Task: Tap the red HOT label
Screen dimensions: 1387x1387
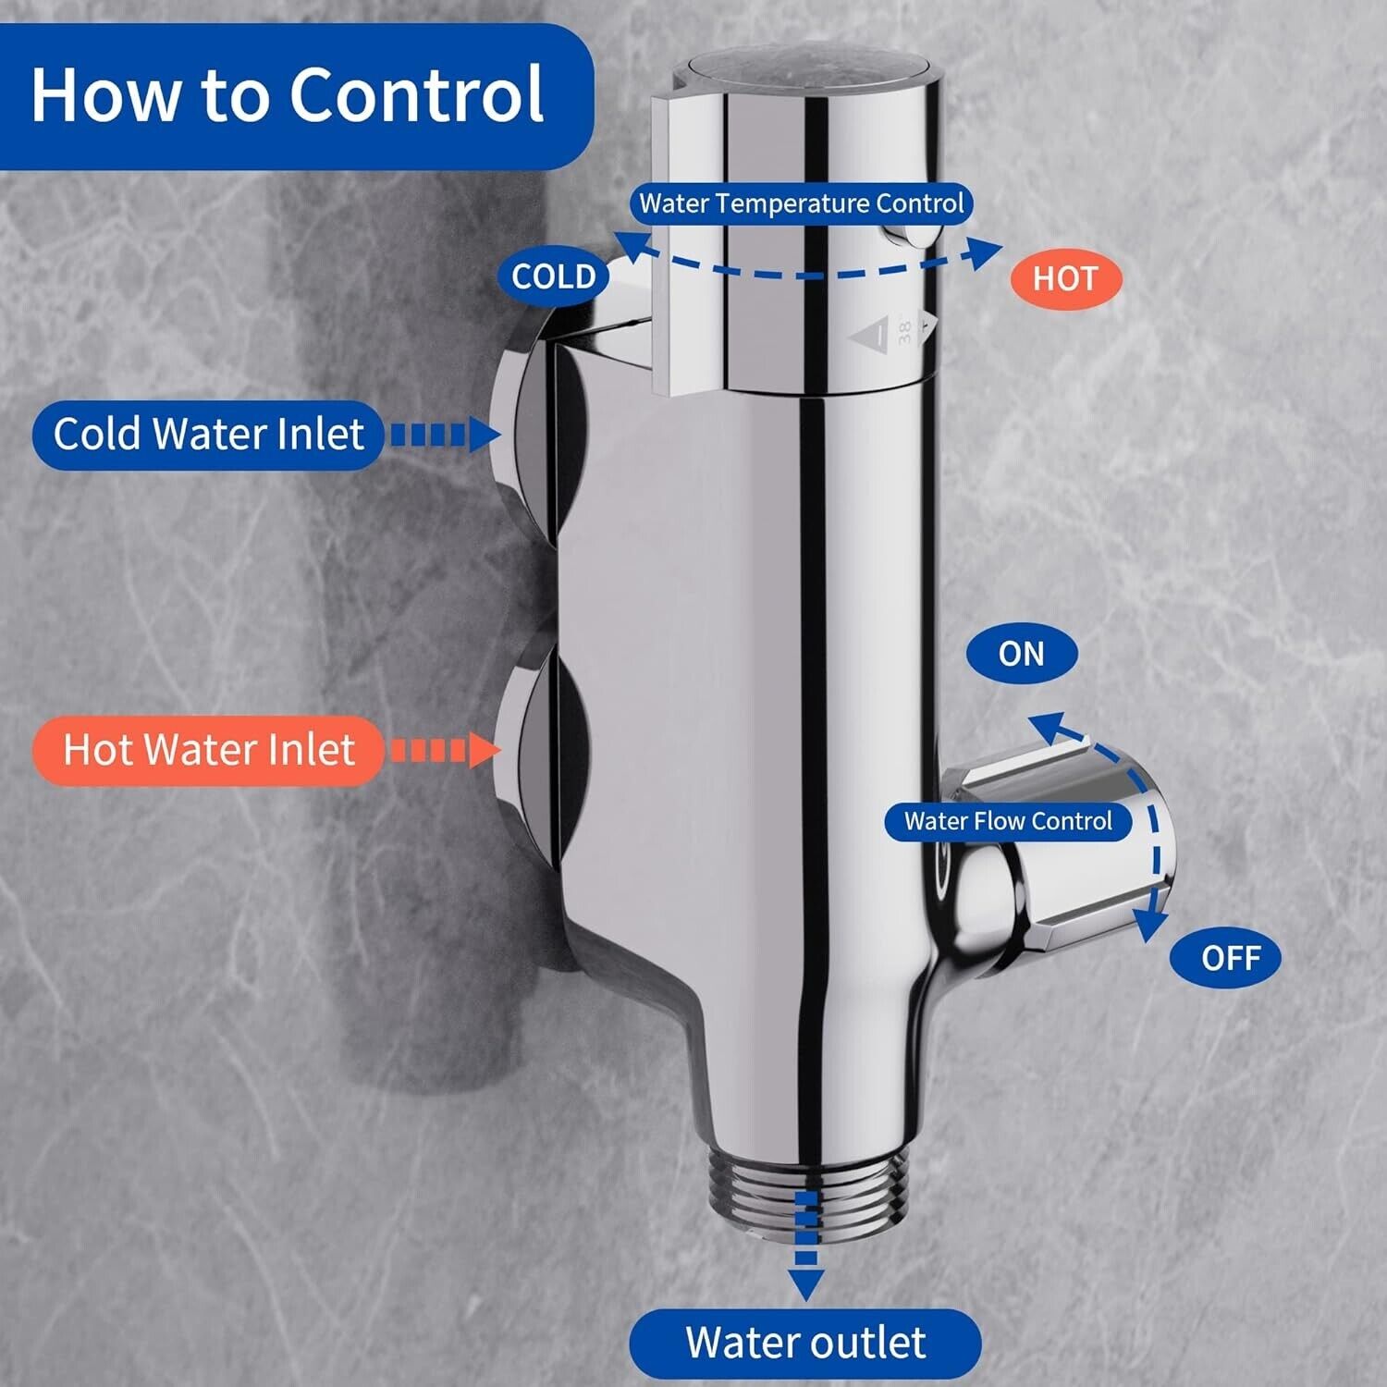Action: coord(1065,278)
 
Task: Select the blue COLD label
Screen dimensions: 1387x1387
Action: coord(554,276)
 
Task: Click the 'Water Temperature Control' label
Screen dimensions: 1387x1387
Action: coord(802,203)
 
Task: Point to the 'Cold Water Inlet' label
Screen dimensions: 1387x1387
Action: coord(208,434)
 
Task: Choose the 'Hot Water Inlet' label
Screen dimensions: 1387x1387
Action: coord(208,750)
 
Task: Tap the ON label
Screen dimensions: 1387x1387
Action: coord(1022,654)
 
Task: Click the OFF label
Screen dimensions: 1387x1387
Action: coord(1226,958)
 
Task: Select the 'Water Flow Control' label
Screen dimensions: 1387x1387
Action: coord(1008,821)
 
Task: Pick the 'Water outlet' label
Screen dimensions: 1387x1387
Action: coord(805,1343)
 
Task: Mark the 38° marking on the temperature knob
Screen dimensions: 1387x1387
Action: coord(904,330)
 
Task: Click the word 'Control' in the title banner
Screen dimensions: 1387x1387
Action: coord(417,94)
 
